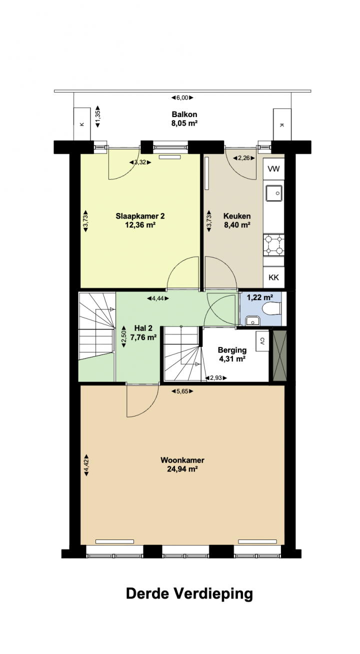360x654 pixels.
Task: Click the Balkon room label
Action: [x=184, y=114]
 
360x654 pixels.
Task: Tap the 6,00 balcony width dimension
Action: [x=182, y=98]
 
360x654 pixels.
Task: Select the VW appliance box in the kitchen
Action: [x=273, y=169]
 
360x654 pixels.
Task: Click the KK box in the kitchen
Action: [x=273, y=277]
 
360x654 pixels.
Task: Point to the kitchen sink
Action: [x=274, y=193]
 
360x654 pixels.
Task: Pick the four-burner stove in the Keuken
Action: [x=273, y=245]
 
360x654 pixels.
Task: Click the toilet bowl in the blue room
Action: [x=271, y=308]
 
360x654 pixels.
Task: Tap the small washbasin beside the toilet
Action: [x=252, y=320]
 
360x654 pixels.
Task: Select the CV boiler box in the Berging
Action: [x=262, y=341]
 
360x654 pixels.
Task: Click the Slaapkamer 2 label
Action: [x=140, y=216]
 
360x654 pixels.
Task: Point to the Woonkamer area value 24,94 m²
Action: [x=182, y=469]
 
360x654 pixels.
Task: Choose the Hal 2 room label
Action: [x=143, y=328]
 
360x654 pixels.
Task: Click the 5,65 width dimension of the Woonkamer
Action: [x=182, y=391]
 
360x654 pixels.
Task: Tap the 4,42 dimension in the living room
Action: [x=86, y=465]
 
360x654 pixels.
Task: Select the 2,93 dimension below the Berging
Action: [x=216, y=378]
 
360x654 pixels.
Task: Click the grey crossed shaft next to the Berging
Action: [x=279, y=355]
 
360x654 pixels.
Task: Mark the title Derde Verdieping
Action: [x=189, y=594]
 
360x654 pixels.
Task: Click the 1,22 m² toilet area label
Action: [x=260, y=297]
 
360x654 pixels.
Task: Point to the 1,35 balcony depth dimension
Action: [x=98, y=116]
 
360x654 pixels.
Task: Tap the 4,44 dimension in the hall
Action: [x=157, y=298]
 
